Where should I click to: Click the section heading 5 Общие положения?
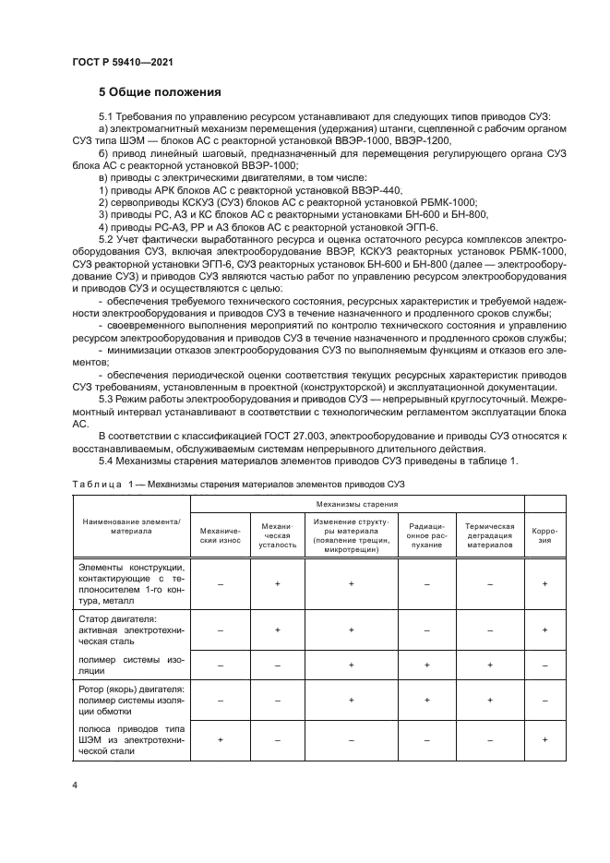pos(161,92)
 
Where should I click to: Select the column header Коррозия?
pos(544,535)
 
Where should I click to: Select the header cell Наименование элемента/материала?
pos(131,527)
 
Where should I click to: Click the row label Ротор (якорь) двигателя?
pos(131,689)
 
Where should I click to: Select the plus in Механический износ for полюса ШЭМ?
pos(220,739)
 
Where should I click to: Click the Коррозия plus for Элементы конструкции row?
pos(544,584)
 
